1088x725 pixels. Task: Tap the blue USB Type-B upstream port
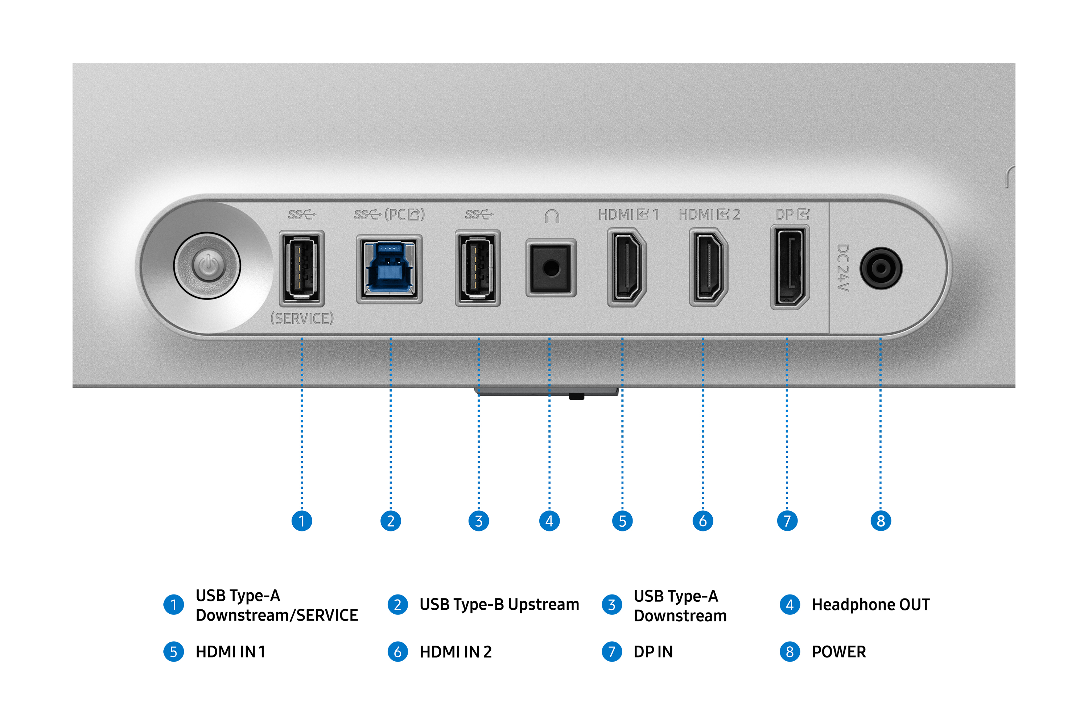[389, 269]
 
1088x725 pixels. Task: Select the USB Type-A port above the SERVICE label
[302, 268]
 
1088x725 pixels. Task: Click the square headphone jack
[551, 268]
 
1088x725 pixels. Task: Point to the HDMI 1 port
[626, 267]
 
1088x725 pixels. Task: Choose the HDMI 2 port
[708, 267]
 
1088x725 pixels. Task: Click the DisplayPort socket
[790, 267]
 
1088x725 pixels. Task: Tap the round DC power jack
[881, 268]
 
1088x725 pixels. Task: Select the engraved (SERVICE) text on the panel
[302, 319]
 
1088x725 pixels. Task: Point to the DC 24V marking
[843, 268]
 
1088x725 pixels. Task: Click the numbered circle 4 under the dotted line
[549, 521]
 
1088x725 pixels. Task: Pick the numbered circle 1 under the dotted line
[302, 521]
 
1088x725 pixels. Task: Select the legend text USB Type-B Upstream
[499, 605]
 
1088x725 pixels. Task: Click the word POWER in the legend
[838, 652]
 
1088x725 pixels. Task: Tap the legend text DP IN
[653, 652]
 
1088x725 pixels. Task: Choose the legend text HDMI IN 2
[455, 652]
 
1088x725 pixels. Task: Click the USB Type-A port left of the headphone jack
[478, 268]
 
